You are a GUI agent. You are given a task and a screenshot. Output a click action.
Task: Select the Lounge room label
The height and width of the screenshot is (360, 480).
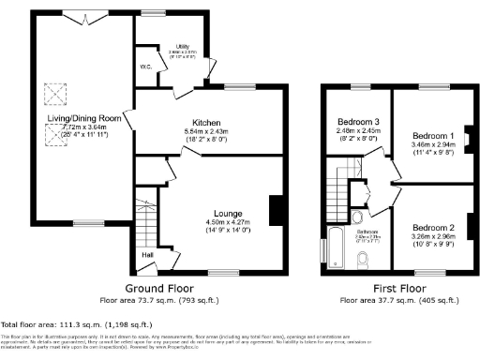[228, 213]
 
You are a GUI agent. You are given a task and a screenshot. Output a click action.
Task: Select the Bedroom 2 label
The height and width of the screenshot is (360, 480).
[432, 228]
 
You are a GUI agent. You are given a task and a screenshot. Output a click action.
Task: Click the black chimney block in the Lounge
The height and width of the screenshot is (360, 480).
[276, 210]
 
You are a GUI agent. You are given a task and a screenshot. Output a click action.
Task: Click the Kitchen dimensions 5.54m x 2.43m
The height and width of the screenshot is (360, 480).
[206, 132]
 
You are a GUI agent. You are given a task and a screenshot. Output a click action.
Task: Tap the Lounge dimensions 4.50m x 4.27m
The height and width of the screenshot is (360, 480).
[228, 222]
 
